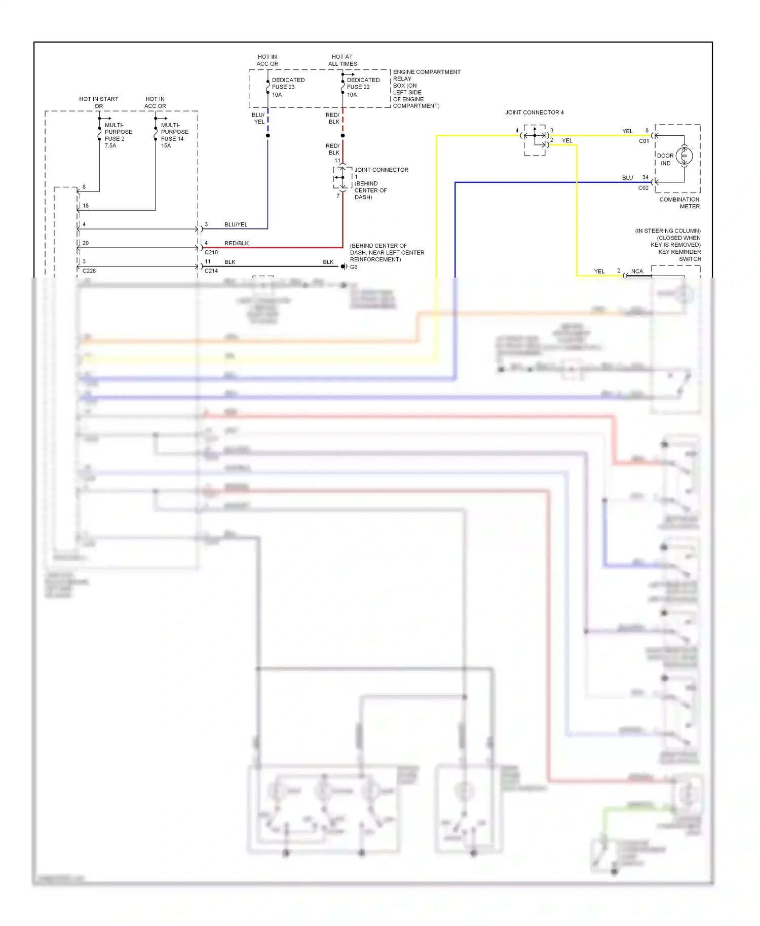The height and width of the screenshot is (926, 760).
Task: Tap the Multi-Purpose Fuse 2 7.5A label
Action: tap(118, 135)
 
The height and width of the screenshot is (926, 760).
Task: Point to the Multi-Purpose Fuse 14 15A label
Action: tap(174, 135)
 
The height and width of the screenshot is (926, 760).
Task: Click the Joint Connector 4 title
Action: tap(534, 112)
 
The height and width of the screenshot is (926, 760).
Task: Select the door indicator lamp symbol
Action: tap(684, 156)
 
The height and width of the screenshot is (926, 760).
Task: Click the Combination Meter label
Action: tap(679, 203)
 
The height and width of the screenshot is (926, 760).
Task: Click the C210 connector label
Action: tap(211, 252)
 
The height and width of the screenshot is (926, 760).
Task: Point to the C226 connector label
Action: tap(89, 271)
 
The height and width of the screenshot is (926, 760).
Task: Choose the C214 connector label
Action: tap(211, 271)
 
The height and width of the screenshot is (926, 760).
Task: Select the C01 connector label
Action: tap(643, 141)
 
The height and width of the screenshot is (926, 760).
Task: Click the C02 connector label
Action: tap(643, 188)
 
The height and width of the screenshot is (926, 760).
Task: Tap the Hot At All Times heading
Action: tap(343, 60)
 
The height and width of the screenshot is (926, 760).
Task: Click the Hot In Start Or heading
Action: tap(99, 102)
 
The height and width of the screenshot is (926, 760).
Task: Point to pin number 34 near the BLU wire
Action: tap(645, 177)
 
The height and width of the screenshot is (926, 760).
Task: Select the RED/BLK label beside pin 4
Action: tap(237, 243)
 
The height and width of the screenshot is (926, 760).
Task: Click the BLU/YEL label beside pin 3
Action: tap(236, 224)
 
